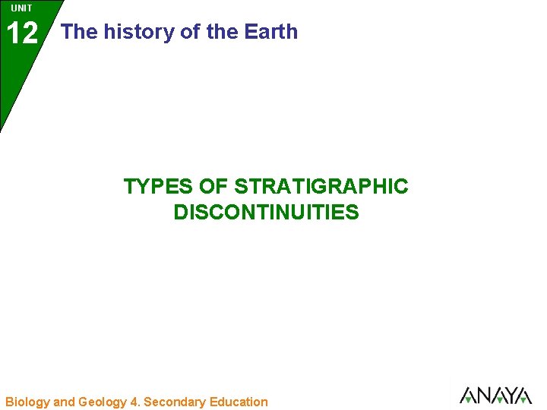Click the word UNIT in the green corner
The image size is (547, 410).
[22, 8]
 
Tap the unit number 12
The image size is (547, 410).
[22, 33]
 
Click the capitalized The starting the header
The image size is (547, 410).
[79, 32]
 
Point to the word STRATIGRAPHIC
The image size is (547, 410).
[321, 186]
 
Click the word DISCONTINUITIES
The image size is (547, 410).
[266, 213]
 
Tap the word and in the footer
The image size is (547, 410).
[65, 402]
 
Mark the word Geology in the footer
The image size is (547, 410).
[103, 402]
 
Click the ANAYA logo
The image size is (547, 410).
[495, 396]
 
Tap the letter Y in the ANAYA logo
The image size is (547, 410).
[508, 396]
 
